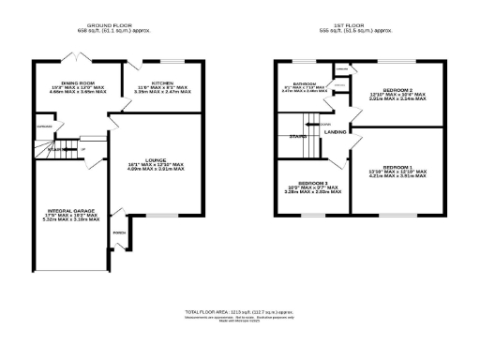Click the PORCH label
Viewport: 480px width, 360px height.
pyautogui.click(x=119, y=233)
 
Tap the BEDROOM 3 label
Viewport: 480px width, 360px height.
pyautogui.click(x=312, y=182)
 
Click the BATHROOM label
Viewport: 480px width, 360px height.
pyautogui.click(x=303, y=84)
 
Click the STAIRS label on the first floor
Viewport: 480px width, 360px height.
pyautogui.click(x=296, y=137)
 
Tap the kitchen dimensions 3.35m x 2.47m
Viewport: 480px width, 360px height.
pyautogui.click(x=162, y=93)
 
